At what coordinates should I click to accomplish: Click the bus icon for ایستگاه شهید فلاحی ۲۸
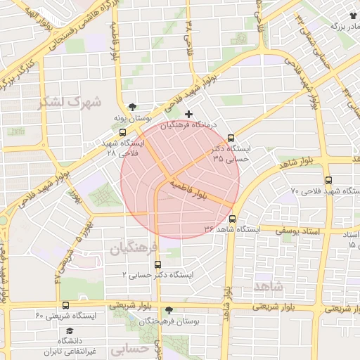click(123, 132)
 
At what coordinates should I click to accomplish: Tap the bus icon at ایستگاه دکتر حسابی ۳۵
click(231, 139)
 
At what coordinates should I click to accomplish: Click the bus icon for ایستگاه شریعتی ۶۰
click(65, 305)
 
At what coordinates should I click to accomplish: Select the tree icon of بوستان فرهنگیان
click(169, 310)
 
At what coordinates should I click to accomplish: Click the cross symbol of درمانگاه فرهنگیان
click(188, 114)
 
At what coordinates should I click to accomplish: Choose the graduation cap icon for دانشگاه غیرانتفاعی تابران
click(69, 330)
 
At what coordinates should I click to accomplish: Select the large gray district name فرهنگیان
click(130, 247)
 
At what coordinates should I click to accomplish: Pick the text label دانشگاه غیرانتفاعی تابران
click(69, 347)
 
